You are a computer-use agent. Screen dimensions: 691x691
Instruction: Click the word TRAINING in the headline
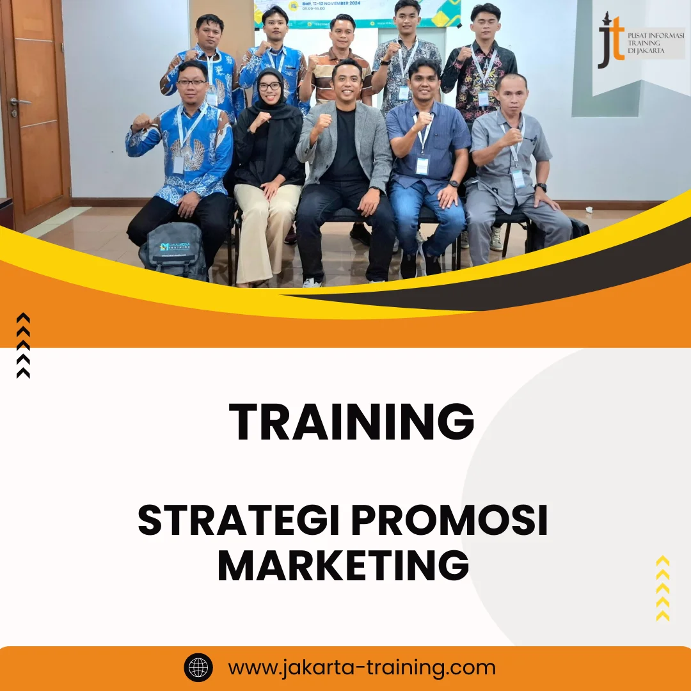tap(351, 423)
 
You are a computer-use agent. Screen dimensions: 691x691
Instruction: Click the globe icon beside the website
tap(198, 668)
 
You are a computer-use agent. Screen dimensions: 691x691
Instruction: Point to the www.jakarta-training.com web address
tap(362, 668)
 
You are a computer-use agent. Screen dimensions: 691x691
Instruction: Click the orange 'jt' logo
tap(610, 42)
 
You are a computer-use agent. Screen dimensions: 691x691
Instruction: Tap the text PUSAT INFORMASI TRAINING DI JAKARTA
tap(655, 42)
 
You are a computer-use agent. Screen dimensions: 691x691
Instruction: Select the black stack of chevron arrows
tap(23, 345)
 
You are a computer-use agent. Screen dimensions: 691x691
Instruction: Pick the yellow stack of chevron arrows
tap(663, 589)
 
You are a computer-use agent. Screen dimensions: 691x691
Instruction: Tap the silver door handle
tap(19, 101)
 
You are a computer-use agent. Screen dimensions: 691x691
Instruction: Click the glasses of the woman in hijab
tap(269, 86)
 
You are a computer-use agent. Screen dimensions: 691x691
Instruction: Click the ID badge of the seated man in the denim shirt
tap(422, 166)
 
